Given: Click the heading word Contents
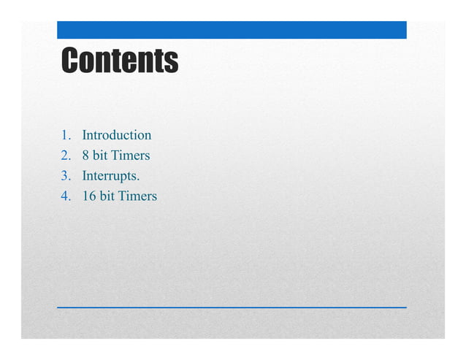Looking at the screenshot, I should (119, 60).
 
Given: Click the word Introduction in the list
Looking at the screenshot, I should (117, 135).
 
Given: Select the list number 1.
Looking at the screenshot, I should (65, 135).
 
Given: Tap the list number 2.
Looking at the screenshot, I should (65, 156).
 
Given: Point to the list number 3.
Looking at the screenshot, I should (65, 176).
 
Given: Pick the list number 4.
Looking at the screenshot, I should (65, 196).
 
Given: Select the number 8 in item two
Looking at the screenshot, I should (86, 156).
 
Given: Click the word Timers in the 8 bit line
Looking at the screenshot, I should (131, 156).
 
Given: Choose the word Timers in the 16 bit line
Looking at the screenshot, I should (137, 196).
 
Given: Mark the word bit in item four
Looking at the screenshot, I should (108, 196).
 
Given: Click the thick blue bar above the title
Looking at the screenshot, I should (232, 30).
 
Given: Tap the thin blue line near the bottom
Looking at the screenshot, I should (232, 307).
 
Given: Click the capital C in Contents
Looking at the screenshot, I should (71, 60).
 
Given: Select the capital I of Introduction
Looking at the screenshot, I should (85, 135).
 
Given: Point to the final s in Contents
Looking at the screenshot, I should (172, 61).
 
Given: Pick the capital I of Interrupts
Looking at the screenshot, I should (85, 176).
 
